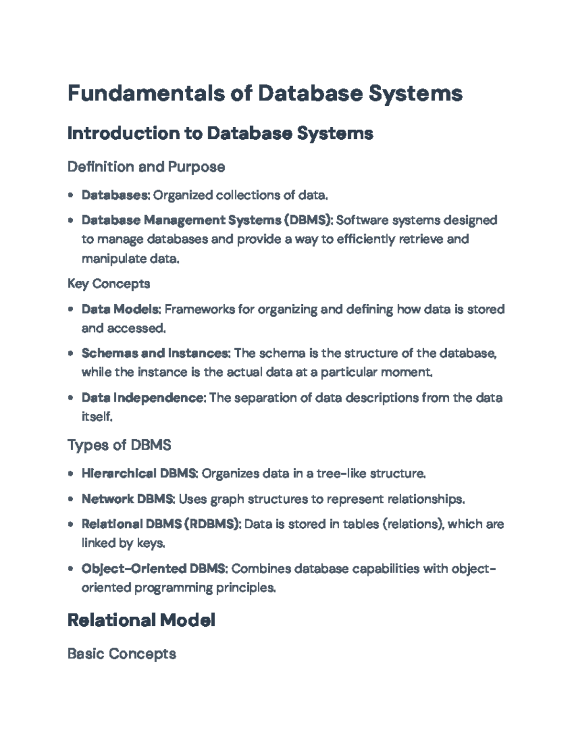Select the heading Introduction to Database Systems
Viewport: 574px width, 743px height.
(220, 133)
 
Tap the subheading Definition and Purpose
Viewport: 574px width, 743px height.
(146, 167)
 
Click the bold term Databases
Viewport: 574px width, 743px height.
(115, 195)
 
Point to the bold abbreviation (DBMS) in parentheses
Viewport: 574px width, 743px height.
(309, 220)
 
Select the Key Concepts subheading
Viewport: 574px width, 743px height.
(109, 284)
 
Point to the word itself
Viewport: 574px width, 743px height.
(97, 417)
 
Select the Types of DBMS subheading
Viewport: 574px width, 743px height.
(119, 445)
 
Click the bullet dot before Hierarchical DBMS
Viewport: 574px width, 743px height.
(71, 474)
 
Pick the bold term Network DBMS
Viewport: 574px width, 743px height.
(128, 499)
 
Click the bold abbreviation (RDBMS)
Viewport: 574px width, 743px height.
(212, 524)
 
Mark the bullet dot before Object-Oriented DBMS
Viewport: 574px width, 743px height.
(71, 569)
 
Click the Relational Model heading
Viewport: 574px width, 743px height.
(141, 621)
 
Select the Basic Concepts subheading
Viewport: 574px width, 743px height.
(121, 654)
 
